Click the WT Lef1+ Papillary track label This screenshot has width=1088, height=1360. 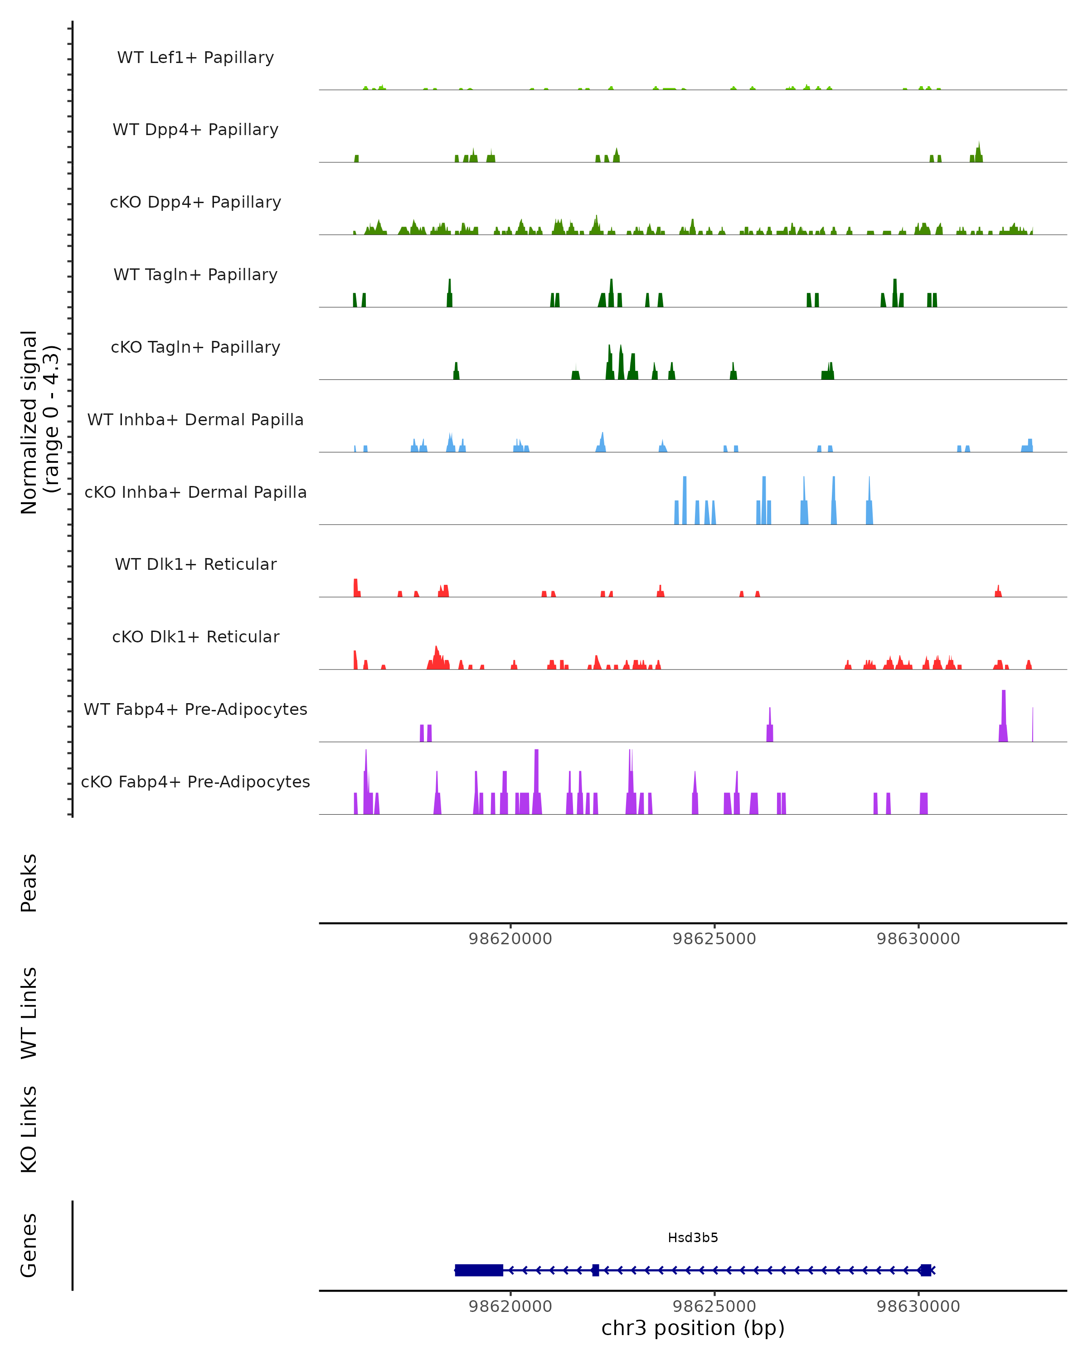pyautogui.click(x=195, y=58)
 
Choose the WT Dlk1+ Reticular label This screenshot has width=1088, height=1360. pyautogui.click(x=195, y=564)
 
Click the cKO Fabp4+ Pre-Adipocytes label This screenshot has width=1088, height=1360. pyautogui.click(x=195, y=782)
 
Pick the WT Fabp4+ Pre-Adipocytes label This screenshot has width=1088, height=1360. pyautogui.click(x=195, y=709)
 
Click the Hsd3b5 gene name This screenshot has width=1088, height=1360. pyautogui.click(x=693, y=1238)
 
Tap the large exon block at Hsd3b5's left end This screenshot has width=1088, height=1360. pyautogui.click(x=479, y=1270)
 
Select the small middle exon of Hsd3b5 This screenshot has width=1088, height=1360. pyautogui.click(x=595, y=1270)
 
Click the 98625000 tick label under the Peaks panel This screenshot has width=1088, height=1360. pyautogui.click(x=714, y=939)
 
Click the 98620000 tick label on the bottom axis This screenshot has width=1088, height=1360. pyautogui.click(x=510, y=1307)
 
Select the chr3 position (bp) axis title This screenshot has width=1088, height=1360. pyautogui.click(x=693, y=1328)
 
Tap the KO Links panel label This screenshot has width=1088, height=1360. pyautogui.click(x=29, y=1129)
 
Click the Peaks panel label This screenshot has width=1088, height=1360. pyautogui.click(x=29, y=883)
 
